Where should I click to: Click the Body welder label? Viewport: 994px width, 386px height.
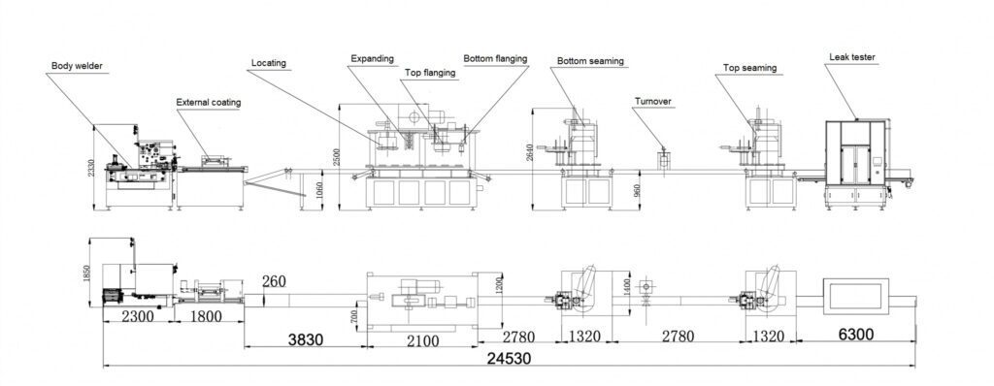point(78,66)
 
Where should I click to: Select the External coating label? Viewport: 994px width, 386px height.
point(208,102)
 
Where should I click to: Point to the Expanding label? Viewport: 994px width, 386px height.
point(373,58)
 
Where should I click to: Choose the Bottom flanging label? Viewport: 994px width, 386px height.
point(495,58)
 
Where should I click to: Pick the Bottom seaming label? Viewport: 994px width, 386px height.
point(590,61)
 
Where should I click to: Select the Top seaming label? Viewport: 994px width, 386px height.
point(748,69)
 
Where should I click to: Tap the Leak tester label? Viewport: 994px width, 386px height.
point(852,58)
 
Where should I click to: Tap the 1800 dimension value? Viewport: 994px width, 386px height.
point(206,316)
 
